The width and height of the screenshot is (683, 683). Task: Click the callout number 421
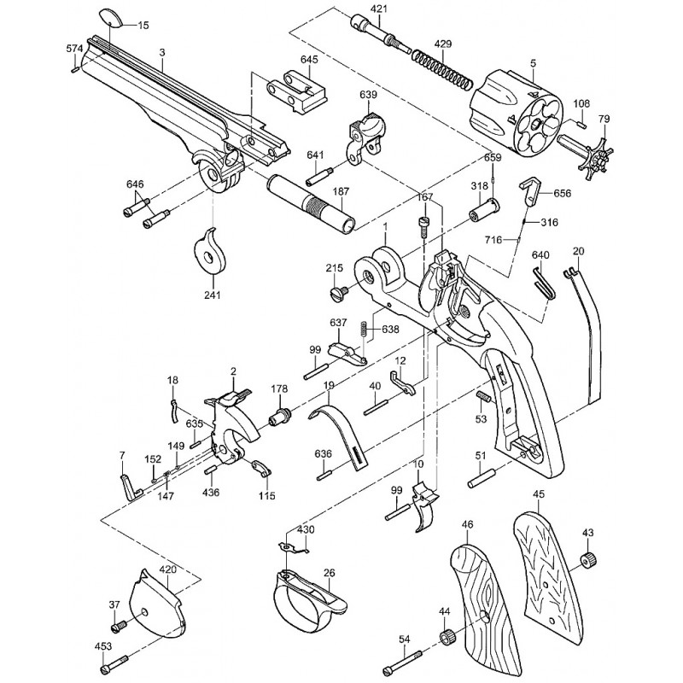378,9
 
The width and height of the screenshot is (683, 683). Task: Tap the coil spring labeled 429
441,69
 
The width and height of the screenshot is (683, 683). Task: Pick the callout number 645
309,59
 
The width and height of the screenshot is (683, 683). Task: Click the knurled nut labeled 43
588,559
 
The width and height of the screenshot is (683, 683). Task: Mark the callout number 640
540,254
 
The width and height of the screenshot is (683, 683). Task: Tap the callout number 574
74,49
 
